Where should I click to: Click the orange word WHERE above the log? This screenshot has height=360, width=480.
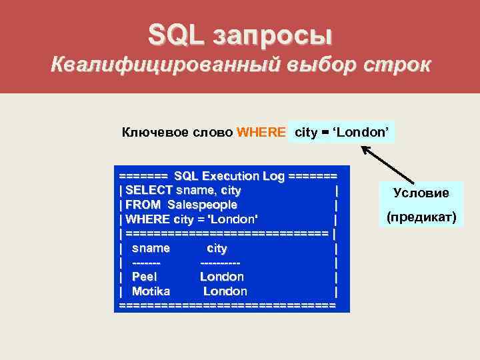(262, 132)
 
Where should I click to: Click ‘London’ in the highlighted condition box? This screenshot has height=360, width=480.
(361, 132)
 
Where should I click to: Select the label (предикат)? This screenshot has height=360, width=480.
(421, 217)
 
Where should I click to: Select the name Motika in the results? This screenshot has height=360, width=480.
(151, 291)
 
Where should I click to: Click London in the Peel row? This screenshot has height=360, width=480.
(222, 276)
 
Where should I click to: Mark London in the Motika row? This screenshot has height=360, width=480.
(225, 291)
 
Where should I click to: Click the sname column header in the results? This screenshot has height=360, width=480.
(151, 248)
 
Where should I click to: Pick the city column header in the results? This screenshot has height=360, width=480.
(217, 248)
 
